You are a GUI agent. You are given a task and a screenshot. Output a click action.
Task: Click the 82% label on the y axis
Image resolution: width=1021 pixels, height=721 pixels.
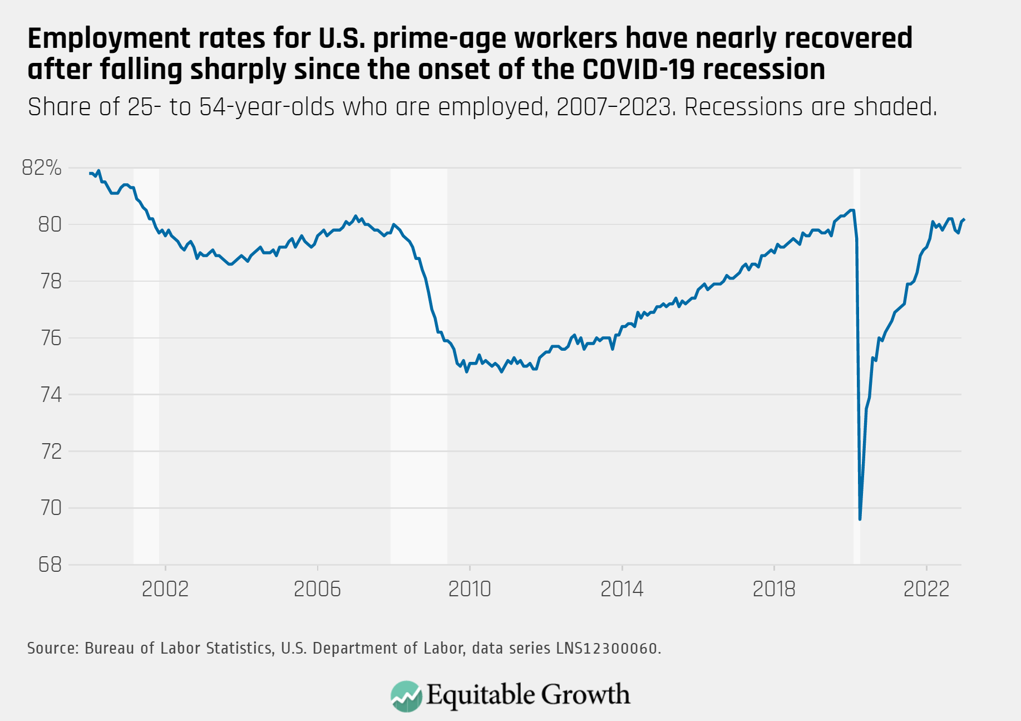pos(42,168)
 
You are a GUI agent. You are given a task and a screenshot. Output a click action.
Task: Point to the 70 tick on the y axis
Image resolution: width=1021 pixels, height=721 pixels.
pos(50,508)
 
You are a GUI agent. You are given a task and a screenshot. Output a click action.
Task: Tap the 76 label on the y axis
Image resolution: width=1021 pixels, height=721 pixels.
pos(50,338)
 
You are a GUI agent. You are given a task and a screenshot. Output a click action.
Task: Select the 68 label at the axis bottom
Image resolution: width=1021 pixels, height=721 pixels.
pos(50,565)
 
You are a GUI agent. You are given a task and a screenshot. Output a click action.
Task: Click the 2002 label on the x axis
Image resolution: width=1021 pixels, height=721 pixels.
pos(165,589)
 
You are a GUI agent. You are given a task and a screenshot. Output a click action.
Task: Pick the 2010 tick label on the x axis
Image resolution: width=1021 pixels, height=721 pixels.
pos(470,589)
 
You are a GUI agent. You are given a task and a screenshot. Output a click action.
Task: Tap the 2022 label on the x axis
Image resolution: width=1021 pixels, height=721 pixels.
pos(926,589)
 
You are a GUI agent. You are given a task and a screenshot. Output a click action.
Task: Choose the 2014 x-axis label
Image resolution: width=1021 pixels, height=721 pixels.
pos(622,589)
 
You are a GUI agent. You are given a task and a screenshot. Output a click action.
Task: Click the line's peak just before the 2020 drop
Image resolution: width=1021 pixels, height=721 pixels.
pos(852,210)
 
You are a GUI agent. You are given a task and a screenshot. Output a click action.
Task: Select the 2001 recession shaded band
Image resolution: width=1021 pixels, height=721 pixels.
pos(146,362)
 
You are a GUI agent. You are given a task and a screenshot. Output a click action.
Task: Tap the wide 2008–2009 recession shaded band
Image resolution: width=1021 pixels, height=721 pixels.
pos(419,362)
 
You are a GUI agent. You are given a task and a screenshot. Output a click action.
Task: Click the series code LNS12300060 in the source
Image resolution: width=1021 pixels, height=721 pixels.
pos(607,649)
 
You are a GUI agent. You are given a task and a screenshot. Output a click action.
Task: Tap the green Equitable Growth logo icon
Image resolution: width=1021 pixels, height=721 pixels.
pos(406,696)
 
